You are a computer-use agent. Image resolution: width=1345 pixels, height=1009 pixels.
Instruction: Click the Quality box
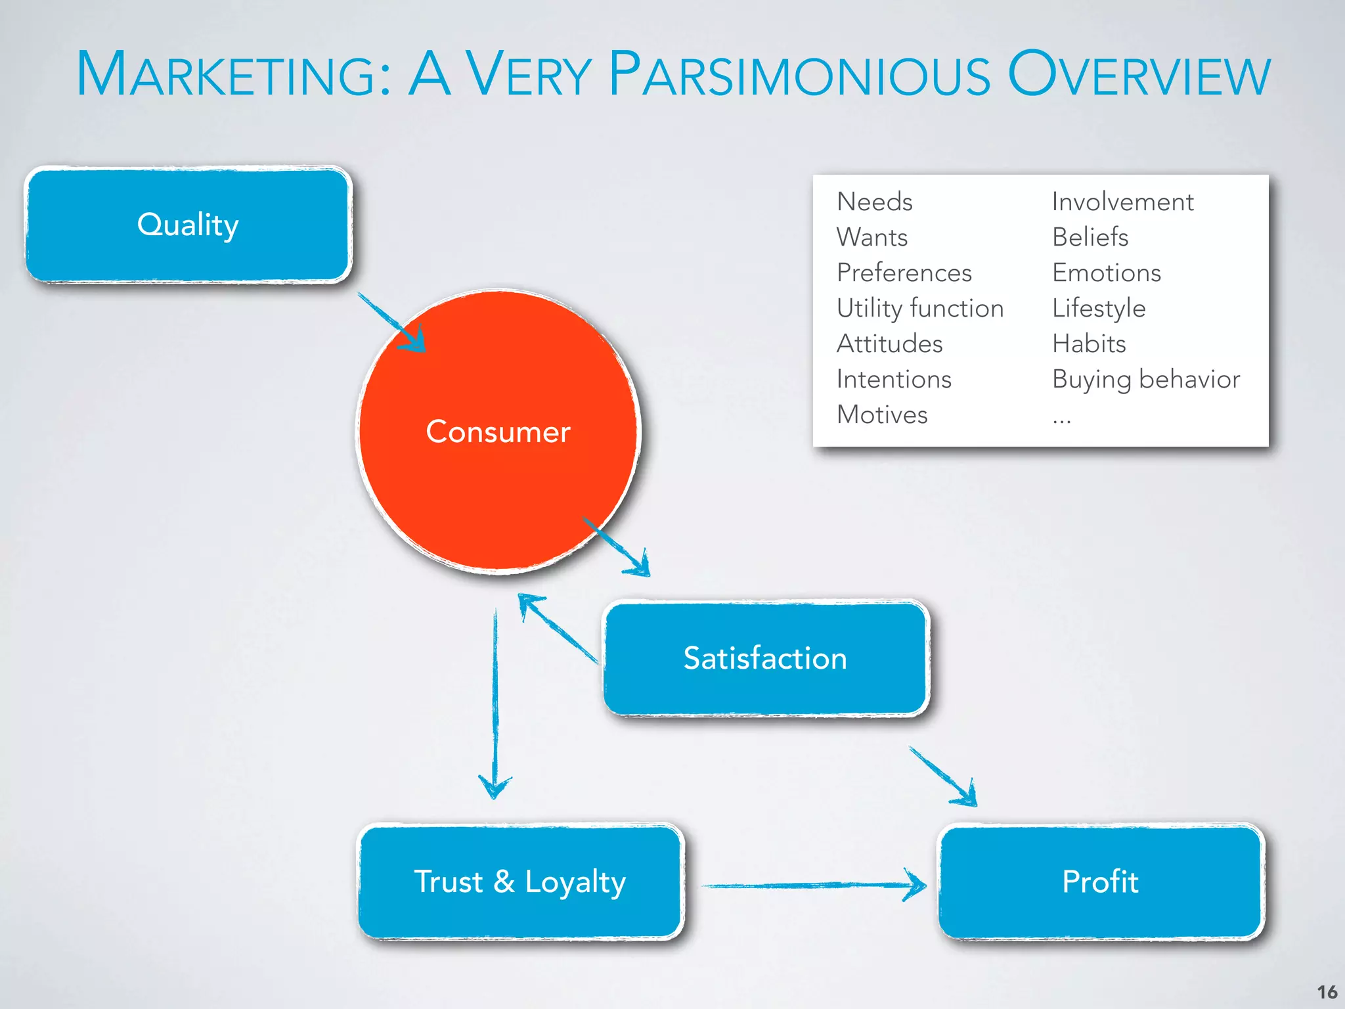[x=188, y=225]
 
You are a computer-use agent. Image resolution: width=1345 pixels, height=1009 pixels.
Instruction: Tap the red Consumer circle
[x=498, y=431]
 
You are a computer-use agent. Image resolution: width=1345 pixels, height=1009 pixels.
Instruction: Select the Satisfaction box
[x=765, y=658]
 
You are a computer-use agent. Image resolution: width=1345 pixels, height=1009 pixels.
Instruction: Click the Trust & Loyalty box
[x=520, y=882]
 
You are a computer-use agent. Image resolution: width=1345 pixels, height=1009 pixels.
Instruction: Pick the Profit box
[x=1101, y=882]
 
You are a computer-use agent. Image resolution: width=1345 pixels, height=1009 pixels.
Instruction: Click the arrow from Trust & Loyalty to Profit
[x=814, y=886]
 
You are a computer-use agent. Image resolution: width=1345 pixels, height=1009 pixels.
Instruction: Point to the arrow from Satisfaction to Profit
[x=943, y=775]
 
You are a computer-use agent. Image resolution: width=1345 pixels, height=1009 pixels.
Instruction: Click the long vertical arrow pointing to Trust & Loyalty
[x=495, y=703]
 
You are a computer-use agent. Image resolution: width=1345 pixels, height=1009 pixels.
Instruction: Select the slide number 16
[x=1327, y=992]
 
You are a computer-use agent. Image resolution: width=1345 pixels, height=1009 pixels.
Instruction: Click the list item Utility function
[x=920, y=308]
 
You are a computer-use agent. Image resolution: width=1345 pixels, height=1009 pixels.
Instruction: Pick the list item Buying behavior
[x=1146, y=379]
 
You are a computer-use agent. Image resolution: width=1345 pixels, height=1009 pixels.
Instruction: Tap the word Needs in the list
[x=875, y=202]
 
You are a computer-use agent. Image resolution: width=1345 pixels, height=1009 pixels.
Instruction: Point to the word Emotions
[x=1107, y=273]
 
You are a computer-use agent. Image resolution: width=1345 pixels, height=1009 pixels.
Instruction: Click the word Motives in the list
[x=882, y=415]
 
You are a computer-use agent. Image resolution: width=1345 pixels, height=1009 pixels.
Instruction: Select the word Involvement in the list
[x=1122, y=202]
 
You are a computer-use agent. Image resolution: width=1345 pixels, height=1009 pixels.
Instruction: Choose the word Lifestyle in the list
[x=1099, y=308]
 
